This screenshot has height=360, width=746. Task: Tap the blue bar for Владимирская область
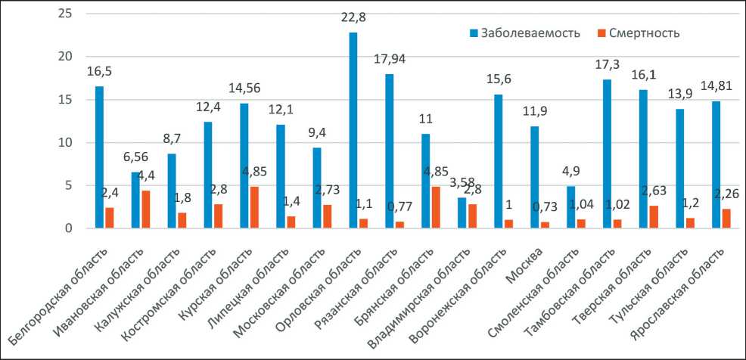click(462, 213)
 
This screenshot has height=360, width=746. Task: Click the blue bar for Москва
click(535, 177)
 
